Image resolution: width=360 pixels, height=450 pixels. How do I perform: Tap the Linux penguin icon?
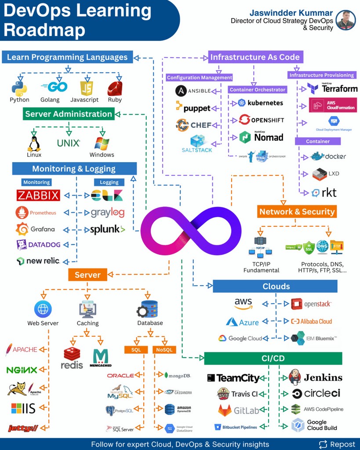tap(34, 143)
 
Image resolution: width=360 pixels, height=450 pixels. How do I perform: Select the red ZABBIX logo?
tap(38, 195)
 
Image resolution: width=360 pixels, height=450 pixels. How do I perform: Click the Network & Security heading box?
tap(297, 211)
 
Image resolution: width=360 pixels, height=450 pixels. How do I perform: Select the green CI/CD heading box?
tap(273, 359)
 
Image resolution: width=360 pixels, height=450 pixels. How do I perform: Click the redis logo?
tap(72, 358)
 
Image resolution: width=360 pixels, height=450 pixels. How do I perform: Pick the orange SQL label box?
tap(136, 350)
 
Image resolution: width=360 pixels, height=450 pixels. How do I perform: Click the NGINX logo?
tap(22, 370)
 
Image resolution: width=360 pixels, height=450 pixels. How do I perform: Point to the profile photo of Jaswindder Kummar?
tap(345, 20)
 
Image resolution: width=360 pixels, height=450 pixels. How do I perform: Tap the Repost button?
tap(337, 444)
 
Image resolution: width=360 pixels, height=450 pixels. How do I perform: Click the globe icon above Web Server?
tap(43, 309)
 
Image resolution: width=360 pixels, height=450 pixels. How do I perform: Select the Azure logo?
tap(242, 322)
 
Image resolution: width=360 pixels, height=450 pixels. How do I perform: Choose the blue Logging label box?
tap(109, 182)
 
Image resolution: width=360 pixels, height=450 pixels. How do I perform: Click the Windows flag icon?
tap(102, 143)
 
